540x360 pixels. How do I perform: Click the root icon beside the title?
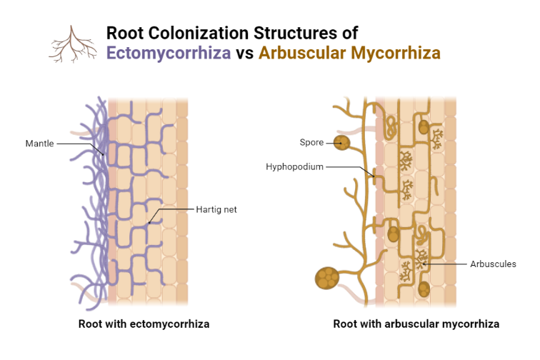pos(72,44)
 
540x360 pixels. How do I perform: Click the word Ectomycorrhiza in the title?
pos(169,53)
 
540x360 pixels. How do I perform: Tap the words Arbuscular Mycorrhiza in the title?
pos(349,53)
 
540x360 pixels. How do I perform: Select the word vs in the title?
pos(246,53)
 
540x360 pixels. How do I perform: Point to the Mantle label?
pos(39,144)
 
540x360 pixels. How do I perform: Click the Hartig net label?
pos(216,210)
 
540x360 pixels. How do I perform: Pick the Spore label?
pos(311,143)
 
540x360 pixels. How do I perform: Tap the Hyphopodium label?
pos(295,167)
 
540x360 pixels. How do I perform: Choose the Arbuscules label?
pos(493,264)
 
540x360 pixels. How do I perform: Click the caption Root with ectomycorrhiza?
pos(144,324)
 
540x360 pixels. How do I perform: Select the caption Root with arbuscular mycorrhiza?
pos(416,324)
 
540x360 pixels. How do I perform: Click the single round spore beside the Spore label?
pos(343,143)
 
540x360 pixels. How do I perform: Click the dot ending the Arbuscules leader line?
pos(426,264)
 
